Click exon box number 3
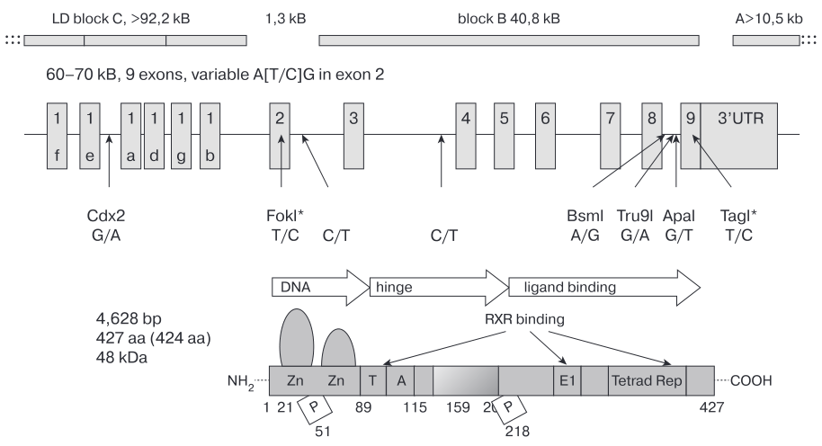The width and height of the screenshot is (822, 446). tap(353, 136)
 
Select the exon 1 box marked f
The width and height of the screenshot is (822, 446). tap(58, 136)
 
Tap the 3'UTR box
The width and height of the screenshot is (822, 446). tap(738, 136)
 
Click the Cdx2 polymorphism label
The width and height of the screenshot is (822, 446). tap(106, 216)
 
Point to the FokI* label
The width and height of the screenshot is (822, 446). tap(285, 216)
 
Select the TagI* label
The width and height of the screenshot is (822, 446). tap(738, 216)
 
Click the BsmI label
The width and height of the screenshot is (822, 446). tap(585, 216)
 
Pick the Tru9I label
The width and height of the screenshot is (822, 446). tap(635, 216)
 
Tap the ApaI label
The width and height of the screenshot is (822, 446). tap(678, 216)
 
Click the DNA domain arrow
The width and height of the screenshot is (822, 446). tap(320, 287)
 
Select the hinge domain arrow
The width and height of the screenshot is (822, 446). tap(439, 287)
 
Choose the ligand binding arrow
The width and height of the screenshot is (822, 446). tap(604, 287)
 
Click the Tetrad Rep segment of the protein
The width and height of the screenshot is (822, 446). tap(647, 380)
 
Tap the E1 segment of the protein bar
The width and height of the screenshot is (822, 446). tap(567, 380)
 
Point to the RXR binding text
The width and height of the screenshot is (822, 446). tap(524, 319)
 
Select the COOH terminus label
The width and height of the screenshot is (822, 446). tap(751, 380)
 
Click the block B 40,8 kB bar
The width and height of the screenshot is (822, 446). tap(509, 40)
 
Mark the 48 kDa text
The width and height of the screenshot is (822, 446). tap(121, 357)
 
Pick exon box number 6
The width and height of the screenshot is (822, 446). tap(545, 136)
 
